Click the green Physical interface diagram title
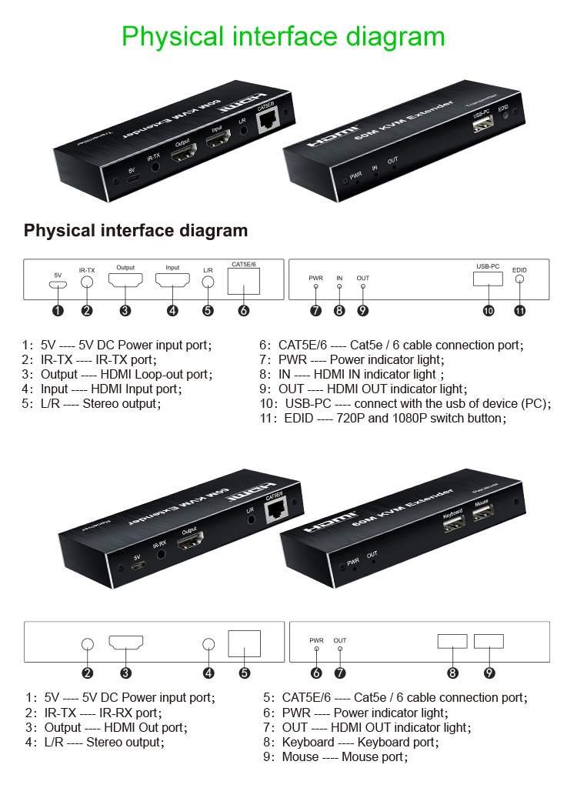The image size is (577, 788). point(283,36)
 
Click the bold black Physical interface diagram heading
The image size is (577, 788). point(136,230)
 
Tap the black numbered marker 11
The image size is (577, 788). point(519,311)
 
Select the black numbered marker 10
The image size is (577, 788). point(488,311)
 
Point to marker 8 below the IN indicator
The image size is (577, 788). point(339,311)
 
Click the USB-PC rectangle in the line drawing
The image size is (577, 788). point(488,279)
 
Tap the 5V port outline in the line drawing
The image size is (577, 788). point(58,284)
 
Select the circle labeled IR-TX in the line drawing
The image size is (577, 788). point(87,281)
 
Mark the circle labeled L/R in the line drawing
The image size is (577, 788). point(208,281)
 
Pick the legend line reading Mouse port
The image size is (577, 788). point(335,756)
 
